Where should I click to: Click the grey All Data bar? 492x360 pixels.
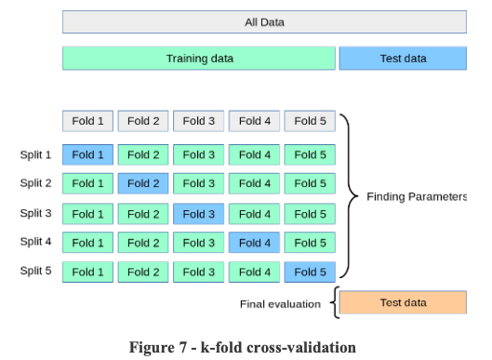tap(264, 22)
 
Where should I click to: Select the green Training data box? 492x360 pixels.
tap(199, 59)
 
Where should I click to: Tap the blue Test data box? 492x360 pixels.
tap(403, 59)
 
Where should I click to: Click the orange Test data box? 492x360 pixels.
tap(403, 303)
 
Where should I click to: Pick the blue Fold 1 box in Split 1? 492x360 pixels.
tap(88, 154)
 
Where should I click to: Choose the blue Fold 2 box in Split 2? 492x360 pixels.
tap(143, 184)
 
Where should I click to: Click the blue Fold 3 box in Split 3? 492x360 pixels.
tap(199, 214)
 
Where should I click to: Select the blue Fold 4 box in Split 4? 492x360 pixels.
tap(255, 243)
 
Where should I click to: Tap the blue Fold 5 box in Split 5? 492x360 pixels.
tap(310, 273)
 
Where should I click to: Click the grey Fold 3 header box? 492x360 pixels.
tap(199, 121)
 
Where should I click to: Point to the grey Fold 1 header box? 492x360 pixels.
tap(88, 121)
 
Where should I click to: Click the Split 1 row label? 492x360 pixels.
tap(35, 154)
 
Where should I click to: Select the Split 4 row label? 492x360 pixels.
tap(35, 243)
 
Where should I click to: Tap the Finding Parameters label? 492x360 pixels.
tap(417, 197)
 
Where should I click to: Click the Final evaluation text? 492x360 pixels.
tap(280, 304)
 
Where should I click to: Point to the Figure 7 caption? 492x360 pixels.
tap(242, 348)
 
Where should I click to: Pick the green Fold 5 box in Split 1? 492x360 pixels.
tap(310, 154)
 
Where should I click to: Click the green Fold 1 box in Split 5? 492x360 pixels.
tap(88, 273)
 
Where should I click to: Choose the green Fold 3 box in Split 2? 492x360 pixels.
tap(199, 184)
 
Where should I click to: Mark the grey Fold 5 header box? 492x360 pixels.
tap(310, 121)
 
